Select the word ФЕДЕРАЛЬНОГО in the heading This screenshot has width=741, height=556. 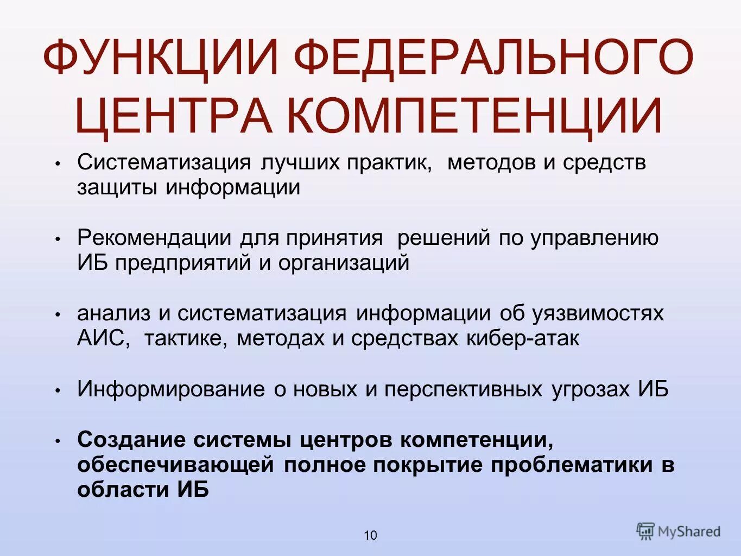494,57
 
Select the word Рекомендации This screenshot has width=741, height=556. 155,238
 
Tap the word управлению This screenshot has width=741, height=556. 594,238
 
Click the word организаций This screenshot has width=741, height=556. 344,263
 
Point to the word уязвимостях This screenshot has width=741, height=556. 598,313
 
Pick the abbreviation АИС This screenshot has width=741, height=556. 103,338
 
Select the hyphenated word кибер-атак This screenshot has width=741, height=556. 522,338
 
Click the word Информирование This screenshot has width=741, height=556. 171,389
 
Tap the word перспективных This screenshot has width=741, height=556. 463,389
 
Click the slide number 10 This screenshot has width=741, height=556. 370,535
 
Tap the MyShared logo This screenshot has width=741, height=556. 679,531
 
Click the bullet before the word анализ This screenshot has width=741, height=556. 58,315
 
